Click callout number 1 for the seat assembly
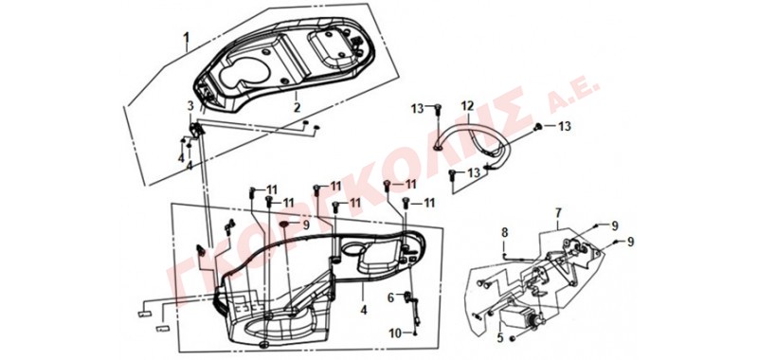(x=186, y=37)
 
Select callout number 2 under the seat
(x=298, y=107)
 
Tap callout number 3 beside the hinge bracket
(x=190, y=105)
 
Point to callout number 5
(x=500, y=338)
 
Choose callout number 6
(x=390, y=298)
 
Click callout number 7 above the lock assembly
(x=558, y=212)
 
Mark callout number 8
(x=505, y=232)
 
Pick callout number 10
(x=395, y=333)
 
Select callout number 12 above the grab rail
(x=467, y=106)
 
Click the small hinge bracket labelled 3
(x=196, y=130)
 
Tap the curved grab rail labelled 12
(x=469, y=140)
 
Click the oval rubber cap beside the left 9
(x=284, y=224)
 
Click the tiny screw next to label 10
(x=415, y=333)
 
